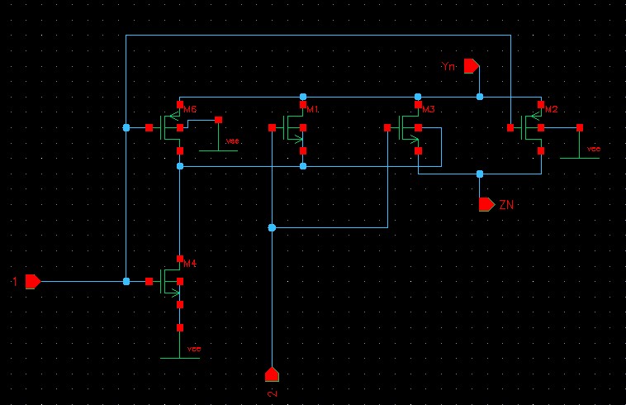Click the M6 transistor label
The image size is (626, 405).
190,109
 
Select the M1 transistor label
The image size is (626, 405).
312,109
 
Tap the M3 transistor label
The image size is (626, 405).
428,109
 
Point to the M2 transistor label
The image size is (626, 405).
552,109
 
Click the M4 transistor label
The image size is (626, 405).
190,263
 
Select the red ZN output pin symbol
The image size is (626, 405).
486,203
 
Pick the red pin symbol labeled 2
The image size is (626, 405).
271,374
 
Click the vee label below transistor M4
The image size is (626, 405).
194,349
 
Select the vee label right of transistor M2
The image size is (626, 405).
593,149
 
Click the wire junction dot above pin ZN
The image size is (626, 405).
479,174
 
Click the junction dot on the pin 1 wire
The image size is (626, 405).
126,282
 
